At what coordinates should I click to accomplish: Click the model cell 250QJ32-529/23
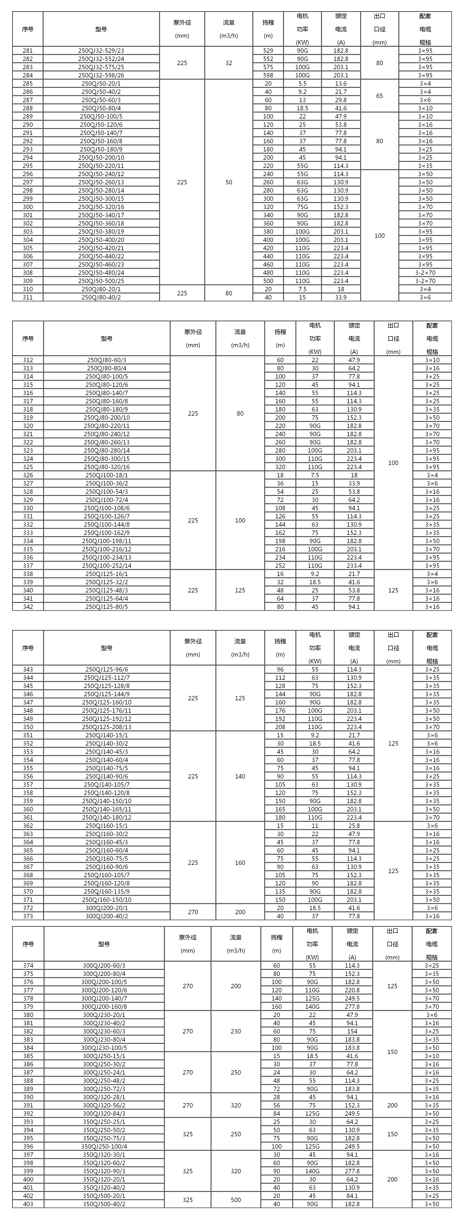pos(101,50)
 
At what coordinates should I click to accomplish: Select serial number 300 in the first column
pos(28,207)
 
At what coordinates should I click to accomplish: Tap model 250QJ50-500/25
pos(101,281)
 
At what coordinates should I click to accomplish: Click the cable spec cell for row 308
pos(425,273)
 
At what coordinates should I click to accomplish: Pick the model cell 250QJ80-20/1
pos(101,289)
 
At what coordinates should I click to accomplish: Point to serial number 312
pos(28,360)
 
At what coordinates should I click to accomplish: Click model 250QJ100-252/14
pos(107,566)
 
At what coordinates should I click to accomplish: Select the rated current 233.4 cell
pos(354,566)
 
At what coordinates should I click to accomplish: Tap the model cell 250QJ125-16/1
pos(107,574)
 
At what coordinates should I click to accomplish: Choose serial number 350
pos(28,727)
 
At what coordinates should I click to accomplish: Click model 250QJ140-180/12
pos(107,817)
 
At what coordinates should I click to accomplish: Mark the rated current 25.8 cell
pos(354,825)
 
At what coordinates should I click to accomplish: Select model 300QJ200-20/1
pos(107,908)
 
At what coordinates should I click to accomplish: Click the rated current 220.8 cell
pos(352,990)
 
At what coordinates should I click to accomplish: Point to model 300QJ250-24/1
pos(104,1072)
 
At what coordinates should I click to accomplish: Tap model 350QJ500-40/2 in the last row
pos(104,1204)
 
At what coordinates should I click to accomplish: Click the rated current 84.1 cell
pos(352,1196)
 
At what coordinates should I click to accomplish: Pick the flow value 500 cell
pos(236,1200)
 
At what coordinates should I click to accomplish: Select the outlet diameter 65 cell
pos(379,96)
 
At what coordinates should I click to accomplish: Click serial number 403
pos(28,1204)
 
